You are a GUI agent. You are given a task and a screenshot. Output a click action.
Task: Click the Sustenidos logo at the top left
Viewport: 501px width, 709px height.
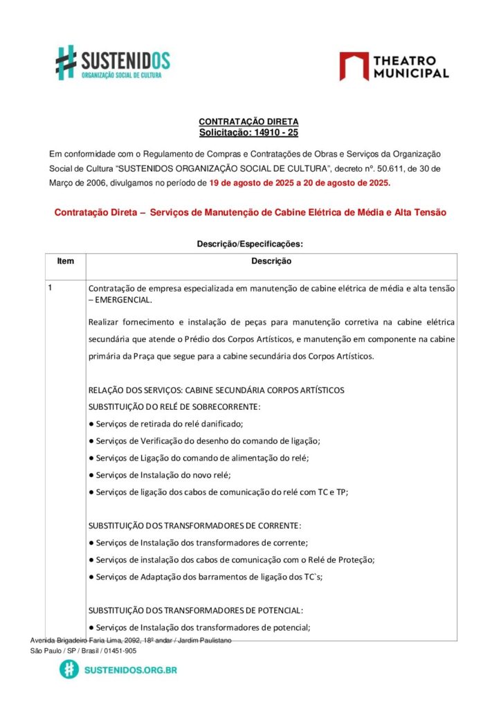click(113, 62)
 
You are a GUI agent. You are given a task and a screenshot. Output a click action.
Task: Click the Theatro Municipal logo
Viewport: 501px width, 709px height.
click(394, 66)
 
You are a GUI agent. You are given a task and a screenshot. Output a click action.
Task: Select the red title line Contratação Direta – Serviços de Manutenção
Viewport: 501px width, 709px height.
click(250, 213)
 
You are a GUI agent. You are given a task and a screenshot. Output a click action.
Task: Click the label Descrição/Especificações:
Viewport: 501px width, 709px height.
click(250, 244)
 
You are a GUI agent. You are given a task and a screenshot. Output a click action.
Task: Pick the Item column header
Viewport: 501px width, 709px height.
click(65, 261)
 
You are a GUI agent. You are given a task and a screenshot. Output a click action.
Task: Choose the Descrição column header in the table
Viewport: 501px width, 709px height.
click(271, 261)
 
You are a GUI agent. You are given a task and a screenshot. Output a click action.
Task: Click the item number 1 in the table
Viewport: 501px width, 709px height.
click(51, 287)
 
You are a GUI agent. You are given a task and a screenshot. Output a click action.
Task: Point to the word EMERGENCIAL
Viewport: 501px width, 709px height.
click(122, 300)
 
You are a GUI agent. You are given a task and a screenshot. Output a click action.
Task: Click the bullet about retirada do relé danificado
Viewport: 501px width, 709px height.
click(166, 423)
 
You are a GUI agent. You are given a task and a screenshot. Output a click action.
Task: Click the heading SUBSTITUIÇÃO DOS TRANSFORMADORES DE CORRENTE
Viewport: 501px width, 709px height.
click(195, 526)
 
